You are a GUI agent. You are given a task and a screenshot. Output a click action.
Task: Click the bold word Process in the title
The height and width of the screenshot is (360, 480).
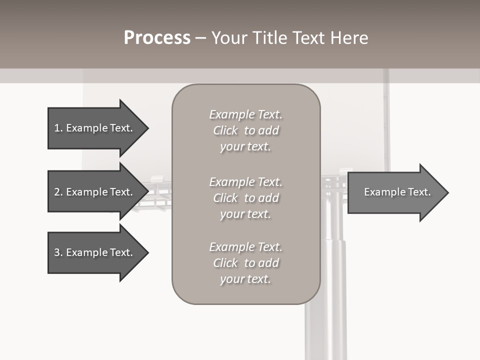click(157, 38)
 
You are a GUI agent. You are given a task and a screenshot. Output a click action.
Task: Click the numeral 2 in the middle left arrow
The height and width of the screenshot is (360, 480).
click(57, 192)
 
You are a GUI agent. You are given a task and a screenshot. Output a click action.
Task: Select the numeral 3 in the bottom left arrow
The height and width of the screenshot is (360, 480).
click(57, 252)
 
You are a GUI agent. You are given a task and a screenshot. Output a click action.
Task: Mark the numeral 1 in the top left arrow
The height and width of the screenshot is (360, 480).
click(57, 128)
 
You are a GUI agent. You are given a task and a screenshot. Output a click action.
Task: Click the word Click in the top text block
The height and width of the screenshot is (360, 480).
click(225, 130)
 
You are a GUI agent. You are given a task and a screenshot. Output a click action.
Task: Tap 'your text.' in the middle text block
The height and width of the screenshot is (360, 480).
click(245, 214)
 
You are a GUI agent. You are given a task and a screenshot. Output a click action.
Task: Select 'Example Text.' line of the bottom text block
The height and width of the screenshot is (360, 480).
click(245, 247)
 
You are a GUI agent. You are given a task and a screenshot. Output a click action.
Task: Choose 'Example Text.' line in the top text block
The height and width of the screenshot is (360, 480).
click(245, 114)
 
